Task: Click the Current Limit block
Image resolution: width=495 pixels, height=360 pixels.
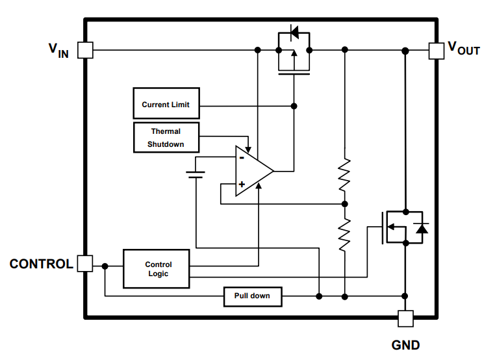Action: (x=166, y=105)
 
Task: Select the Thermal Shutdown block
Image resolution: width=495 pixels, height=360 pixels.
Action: (x=166, y=138)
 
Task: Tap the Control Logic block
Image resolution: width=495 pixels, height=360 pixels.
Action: (x=157, y=268)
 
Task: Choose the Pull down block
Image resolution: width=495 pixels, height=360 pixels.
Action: (x=252, y=296)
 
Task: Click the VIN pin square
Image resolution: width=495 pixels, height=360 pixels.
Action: (x=85, y=50)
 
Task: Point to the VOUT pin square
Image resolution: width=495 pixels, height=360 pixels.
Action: (x=436, y=50)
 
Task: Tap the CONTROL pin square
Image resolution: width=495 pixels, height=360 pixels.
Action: (x=85, y=263)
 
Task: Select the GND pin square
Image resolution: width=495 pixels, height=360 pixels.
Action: (x=405, y=318)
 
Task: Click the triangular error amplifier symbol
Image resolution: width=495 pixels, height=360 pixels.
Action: (x=252, y=172)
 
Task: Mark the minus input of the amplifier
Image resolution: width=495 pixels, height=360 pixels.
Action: (x=241, y=158)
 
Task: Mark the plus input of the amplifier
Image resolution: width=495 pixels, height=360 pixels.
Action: (x=241, y=185)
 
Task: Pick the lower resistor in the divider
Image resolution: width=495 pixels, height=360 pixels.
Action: (x=345, y=234)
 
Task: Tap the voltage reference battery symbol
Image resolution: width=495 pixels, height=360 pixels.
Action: (x=196, y=174)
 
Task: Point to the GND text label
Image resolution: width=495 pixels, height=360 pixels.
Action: (x=405, y=345)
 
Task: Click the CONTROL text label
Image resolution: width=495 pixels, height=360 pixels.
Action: (x=41, y=264)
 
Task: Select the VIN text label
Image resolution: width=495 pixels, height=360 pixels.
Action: (x=58, y=50)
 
